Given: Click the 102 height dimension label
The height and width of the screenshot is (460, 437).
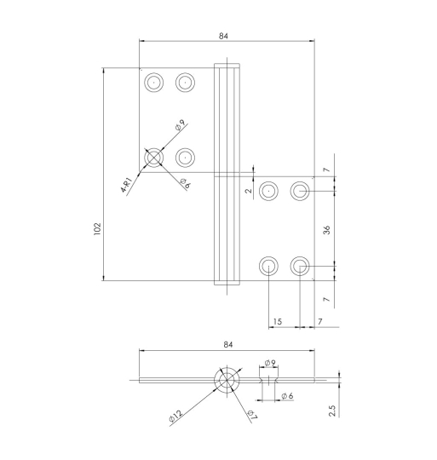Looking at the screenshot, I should click(x=98, y=228).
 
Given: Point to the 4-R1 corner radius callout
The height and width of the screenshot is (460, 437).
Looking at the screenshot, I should click(x=128, y=185).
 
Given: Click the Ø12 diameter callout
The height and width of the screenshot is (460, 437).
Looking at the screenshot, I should click(x=175, y=416).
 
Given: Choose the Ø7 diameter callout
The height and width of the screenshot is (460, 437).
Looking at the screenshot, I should click(x=251, y=415).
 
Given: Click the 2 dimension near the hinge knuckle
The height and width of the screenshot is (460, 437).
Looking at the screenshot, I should click(x=249, y=191).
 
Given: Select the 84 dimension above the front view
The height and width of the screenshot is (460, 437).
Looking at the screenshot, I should click(x=224, y=37).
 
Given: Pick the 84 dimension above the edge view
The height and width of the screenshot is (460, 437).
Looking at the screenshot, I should click(x=227, y=344).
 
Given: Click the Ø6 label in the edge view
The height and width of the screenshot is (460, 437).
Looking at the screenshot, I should click(x=287, y=396).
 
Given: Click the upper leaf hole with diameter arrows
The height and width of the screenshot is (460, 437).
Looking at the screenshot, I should click(x=154, y=158).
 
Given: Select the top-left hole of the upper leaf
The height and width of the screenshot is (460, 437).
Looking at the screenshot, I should click(x=154, y=82).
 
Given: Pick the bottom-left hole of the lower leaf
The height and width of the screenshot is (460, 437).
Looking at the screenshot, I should click(x=268, y=266).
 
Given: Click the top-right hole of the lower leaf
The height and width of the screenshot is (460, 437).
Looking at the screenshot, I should click(x=301, y=191).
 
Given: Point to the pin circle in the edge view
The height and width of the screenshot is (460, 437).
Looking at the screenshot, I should click(x=227, y=381).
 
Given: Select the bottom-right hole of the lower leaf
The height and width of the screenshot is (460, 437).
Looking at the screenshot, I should click(x=301, y=266).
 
